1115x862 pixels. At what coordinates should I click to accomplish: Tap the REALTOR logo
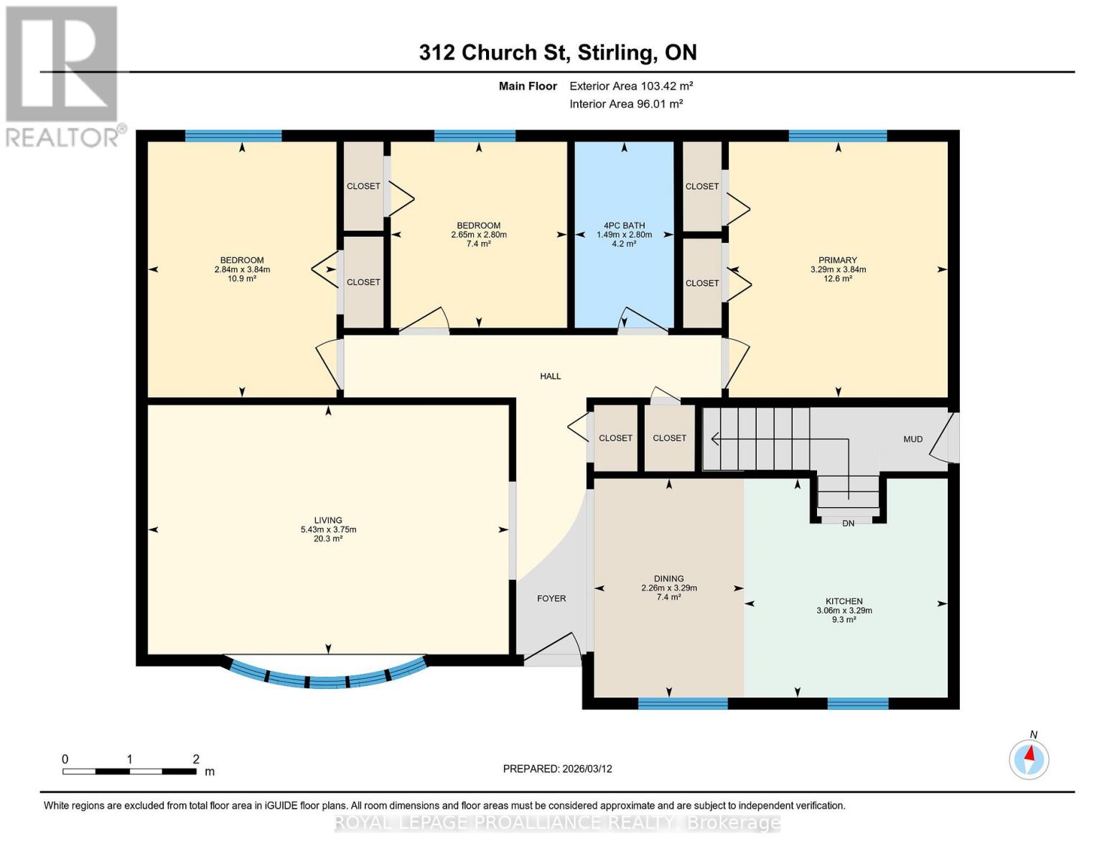[x=64, y=77]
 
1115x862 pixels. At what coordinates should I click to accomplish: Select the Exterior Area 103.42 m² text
[x=631, y=86]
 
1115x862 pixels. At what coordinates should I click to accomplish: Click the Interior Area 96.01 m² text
[x=626, y=104]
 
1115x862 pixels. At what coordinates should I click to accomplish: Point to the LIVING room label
[x=328, y=520]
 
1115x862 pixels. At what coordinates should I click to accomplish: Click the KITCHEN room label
[x=844, y=601]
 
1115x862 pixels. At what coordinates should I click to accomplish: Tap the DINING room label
[x=668, y=578]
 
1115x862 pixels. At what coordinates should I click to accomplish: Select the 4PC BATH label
[x=624, y=226]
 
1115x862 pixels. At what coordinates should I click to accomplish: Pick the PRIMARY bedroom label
[x=838, y=260]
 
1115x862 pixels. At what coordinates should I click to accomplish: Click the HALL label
[x=550, y=376]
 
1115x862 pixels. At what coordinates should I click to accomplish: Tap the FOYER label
[x=551, y=598]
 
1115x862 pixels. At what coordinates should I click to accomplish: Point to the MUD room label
[x=913, y=440]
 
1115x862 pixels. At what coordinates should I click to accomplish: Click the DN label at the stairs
[x=848, y=524]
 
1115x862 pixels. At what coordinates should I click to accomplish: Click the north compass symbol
[x=1029, y=760]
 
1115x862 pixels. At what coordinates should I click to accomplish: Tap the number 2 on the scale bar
[x=195, y=759]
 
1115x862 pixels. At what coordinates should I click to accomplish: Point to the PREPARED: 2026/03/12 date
[x=557, y=769]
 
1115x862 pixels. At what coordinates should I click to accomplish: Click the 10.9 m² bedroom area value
[x=242, y=279]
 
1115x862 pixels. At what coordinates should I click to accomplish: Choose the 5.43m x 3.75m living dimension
[x=328, y=529]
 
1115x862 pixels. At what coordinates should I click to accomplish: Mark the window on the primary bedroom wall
[x=837, y=136]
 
